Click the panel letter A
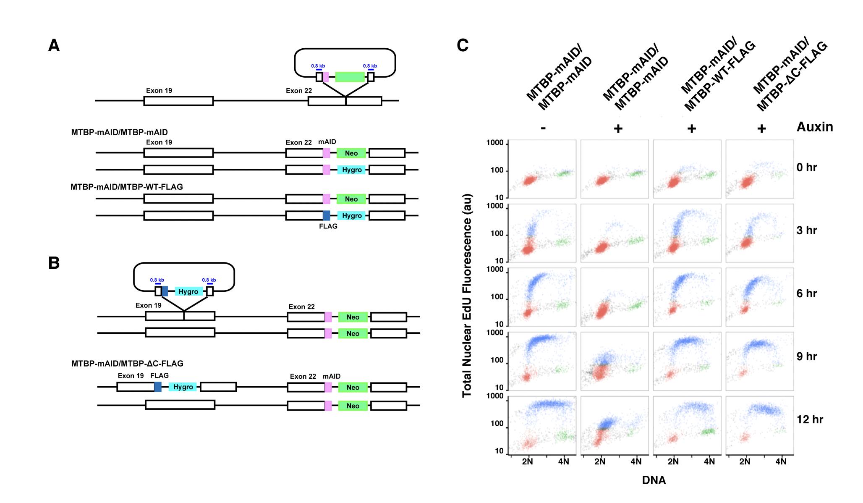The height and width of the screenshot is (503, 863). coord(54,45)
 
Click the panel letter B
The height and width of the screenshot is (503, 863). coord(54,263)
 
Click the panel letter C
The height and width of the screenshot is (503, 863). coord(462,45)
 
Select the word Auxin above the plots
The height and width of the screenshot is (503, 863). coord(814,127)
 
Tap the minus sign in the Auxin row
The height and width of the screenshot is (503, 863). coord(543,128)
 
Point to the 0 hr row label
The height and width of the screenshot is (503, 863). coord(806,168)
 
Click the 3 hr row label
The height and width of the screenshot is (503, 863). coord(806,231)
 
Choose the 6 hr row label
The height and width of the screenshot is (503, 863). coord(806,293)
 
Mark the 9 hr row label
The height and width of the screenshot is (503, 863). coord(806,356)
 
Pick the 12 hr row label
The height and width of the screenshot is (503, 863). coord(810,419)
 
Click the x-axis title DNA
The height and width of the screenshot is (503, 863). coord(654,480)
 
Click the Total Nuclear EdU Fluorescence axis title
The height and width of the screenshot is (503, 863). coord(467,296)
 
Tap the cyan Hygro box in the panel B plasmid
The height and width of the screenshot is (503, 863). coord(188,291)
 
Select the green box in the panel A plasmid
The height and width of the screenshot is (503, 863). coord(350,77)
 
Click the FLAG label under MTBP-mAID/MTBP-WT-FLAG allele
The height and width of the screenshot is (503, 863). coord(328,226)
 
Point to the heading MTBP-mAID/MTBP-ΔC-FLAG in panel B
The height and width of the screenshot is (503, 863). coord(127,364)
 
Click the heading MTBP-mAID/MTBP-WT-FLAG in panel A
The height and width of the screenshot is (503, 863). coord(127,187)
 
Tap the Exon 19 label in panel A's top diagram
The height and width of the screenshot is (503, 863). coord(159,91)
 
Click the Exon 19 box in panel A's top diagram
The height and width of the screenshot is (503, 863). coord(178,101)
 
